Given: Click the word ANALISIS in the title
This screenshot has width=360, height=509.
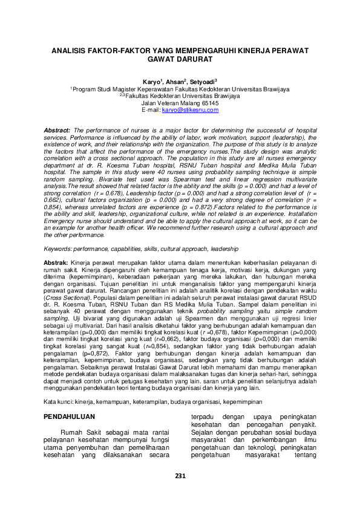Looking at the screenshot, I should [66, 52].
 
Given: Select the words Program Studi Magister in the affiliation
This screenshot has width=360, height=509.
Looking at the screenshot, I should [103, 88].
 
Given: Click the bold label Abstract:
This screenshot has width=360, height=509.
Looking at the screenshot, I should [56, 130].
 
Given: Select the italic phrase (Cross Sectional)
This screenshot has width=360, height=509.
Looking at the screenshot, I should [65, 299].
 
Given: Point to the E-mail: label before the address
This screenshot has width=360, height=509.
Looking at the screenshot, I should [151, 109].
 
